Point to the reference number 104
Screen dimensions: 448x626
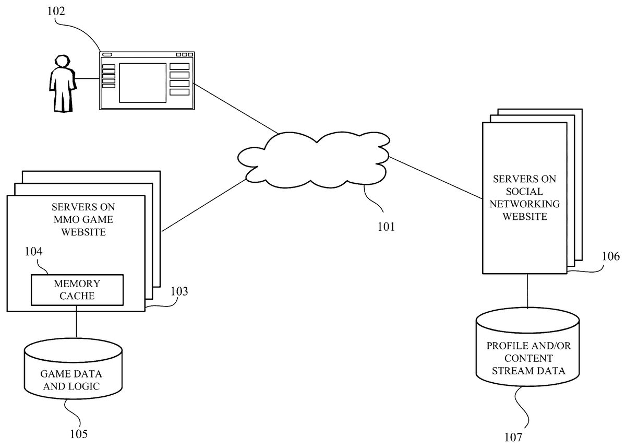point(34,252)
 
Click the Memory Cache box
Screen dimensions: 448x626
point(77,290)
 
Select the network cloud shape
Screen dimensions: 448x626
point(313,159)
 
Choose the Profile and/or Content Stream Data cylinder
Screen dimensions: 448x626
point(527,350)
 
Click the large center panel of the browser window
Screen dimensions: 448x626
point(142,82)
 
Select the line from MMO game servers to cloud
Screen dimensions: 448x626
point(203,205)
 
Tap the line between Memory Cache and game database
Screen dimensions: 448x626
point(77,323)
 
